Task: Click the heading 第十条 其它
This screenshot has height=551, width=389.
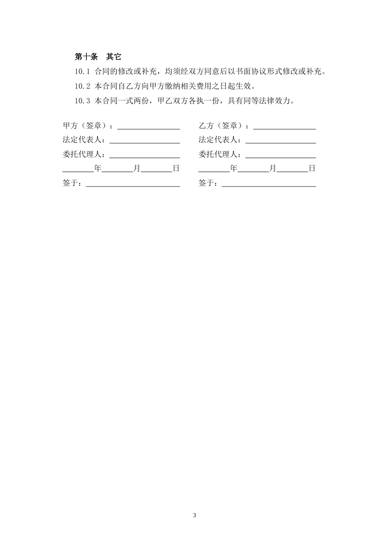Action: coord(98,57)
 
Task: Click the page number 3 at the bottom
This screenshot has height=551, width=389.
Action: coord(194,515)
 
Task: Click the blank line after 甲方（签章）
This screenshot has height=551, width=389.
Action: coord(149,127)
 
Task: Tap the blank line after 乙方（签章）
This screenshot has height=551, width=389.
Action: coord(285,127)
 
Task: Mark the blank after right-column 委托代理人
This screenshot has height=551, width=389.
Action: coord(280,156)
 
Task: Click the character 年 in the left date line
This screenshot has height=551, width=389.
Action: coord(98,168)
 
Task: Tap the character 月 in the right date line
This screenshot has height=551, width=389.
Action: coord(273,168)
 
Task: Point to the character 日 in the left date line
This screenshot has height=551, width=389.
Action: coord(176,168)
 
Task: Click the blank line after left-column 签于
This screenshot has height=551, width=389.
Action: coord(133,185)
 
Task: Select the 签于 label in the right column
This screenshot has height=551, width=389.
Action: coord(206,183)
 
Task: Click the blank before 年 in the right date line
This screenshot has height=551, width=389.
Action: coord(214,170)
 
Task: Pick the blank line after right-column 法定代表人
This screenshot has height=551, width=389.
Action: coord(280,142)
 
